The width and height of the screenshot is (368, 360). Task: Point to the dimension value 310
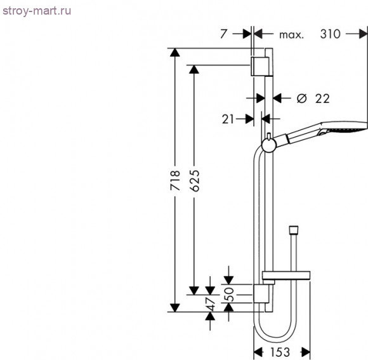pos(331,35)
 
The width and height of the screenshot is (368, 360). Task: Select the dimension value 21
pos(229,118)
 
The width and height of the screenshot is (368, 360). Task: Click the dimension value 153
pos(282,351)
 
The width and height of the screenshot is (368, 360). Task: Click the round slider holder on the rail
pos(268,144)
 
